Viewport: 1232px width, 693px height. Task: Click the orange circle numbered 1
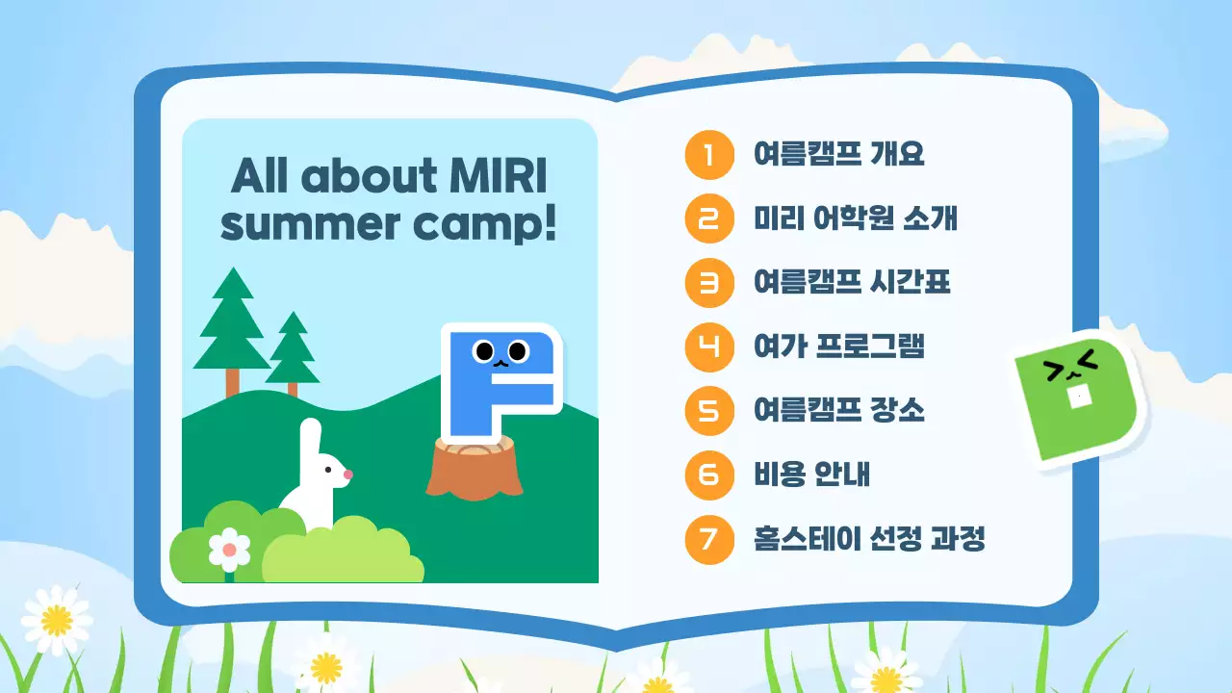(709, 154)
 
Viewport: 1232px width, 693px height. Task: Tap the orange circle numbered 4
(709, 346)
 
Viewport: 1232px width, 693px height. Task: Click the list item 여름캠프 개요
(838, 154)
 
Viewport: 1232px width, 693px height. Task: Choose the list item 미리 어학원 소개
(856, 218)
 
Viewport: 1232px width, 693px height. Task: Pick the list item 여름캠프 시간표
(852, 282)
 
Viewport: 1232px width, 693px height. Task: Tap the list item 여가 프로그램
(838, 346)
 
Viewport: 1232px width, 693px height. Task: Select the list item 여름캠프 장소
(838, 411)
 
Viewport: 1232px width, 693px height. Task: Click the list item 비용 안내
(812, 475)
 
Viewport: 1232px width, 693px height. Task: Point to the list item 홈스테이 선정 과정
(869, 539)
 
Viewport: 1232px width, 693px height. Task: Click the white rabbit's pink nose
(348, 475)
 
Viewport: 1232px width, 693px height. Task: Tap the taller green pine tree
(231, 322)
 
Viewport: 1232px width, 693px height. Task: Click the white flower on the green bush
(229, 550)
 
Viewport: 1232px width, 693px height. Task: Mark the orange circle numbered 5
(709, 411)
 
